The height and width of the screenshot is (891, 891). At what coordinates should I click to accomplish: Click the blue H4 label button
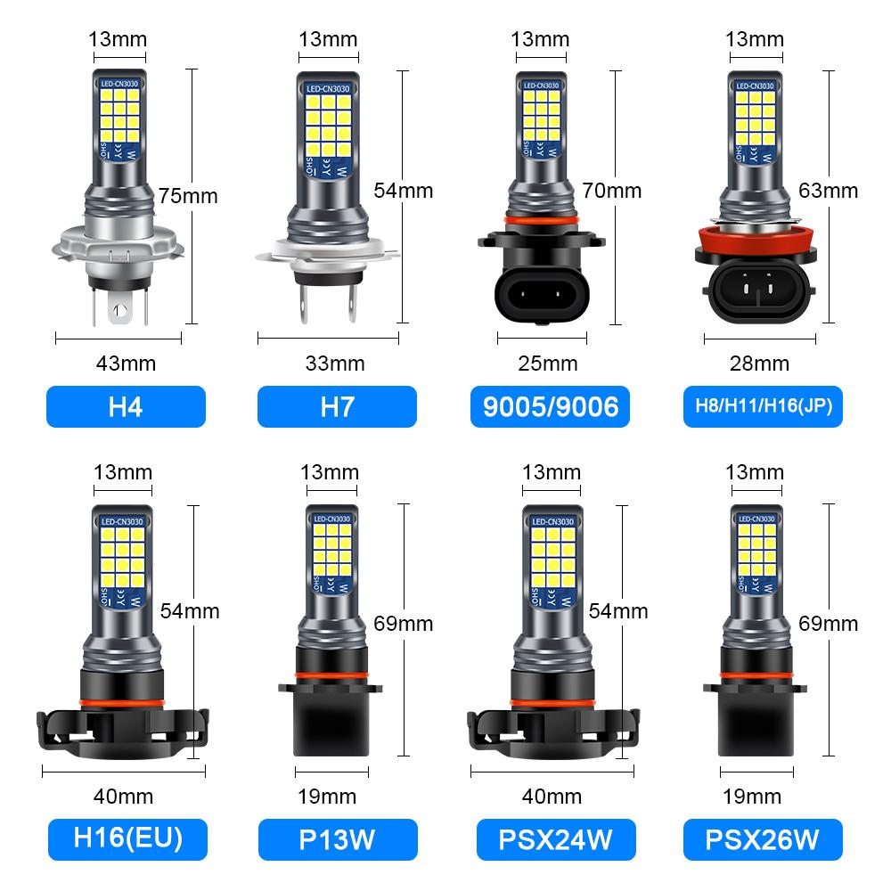click(x=126, y=406)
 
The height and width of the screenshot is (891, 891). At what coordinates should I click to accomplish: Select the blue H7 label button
click(x=337, y=406)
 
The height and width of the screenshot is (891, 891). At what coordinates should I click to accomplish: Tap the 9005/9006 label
click(x=550, y=406)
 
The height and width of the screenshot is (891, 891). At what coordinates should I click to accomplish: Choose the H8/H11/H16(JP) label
click(x=763, y=406)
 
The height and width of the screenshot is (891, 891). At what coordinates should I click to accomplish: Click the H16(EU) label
click(x=126, y=838)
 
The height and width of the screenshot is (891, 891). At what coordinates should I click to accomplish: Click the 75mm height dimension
click(x=188, y=195)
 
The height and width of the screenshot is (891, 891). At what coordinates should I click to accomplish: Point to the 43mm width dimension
click(x=126, y=363)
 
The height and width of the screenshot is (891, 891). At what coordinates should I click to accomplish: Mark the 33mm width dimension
click(x=335, y=363)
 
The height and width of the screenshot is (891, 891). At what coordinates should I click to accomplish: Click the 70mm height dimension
click(x=611, y=190)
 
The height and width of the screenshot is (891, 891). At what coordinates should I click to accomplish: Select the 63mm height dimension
click(x=829, y=190)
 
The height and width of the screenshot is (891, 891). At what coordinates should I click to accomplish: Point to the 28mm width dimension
click(x=759, y=363)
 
